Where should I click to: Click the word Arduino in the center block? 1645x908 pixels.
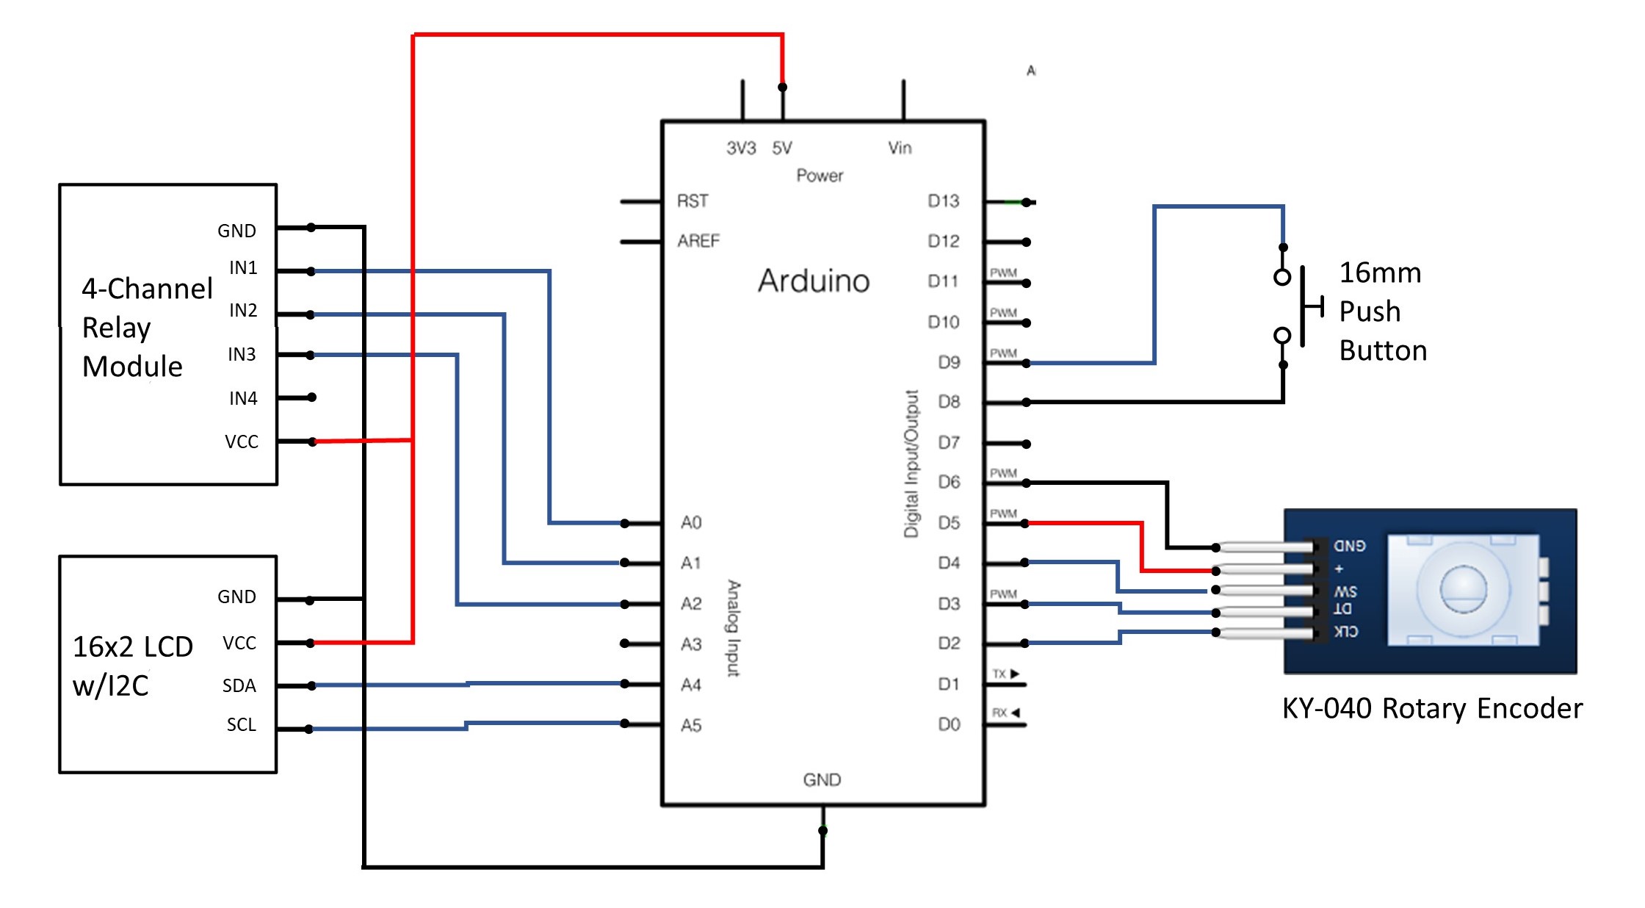814,281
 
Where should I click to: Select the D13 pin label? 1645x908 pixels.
943,201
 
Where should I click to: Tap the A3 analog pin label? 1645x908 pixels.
691,644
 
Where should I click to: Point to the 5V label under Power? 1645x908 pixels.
782,148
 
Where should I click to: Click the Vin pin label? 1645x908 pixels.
900,148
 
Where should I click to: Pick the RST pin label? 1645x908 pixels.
693,201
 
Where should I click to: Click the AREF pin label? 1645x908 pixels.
698,241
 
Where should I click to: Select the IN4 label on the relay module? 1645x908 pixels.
243,398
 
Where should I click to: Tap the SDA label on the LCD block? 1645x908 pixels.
239,686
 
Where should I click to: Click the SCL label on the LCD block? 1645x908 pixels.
241,725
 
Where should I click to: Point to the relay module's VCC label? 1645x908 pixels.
242,442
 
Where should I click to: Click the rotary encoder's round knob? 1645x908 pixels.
1463,589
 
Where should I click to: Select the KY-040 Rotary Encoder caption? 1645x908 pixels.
1432,709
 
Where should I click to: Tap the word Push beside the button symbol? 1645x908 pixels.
1370,311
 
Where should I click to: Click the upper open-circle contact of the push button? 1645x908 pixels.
1282,277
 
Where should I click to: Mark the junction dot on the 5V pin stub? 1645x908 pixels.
782,87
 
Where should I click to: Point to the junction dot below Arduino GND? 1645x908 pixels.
822,831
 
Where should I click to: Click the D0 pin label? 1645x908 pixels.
949,725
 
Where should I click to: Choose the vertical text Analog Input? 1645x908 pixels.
734,628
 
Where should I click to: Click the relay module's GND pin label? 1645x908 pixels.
236,231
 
